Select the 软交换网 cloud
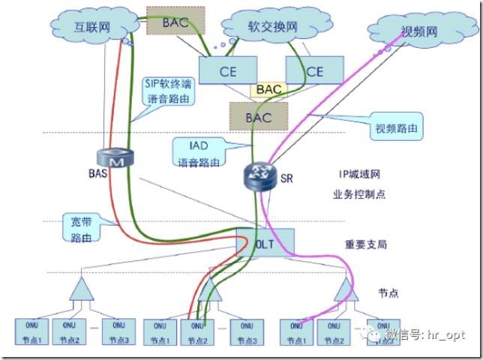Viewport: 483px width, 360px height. (271, 26)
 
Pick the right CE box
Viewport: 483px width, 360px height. (313, 71)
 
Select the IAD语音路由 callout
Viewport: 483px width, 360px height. (198, 151)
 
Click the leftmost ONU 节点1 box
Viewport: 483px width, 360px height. (34, 332)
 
